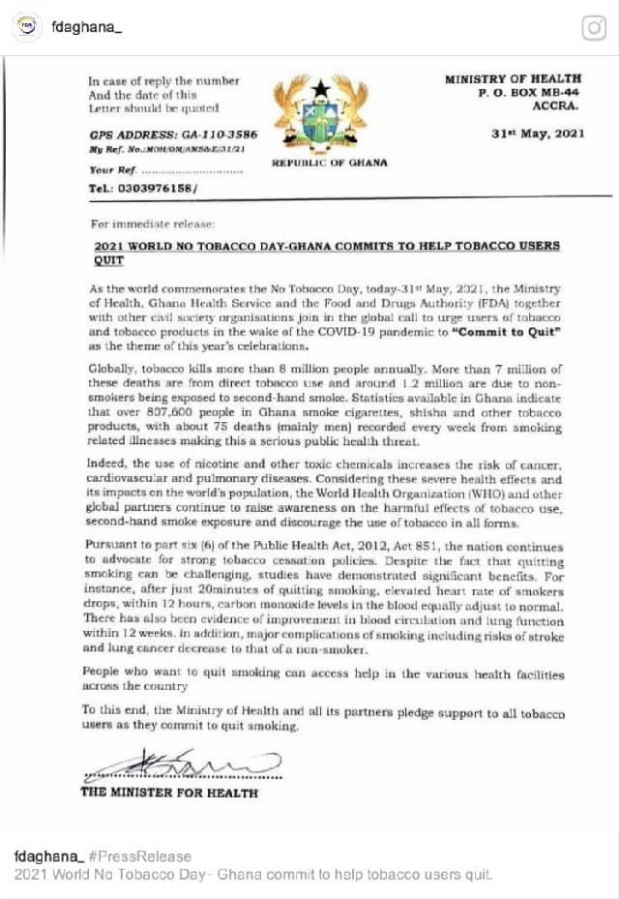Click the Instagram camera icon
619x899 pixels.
pyautogui.click(x=593, y=29)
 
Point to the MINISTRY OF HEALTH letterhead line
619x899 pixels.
pyautogui.click(x=513, y=78)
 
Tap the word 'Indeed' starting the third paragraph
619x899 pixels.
pyautogui.click(x=106, y=470)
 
